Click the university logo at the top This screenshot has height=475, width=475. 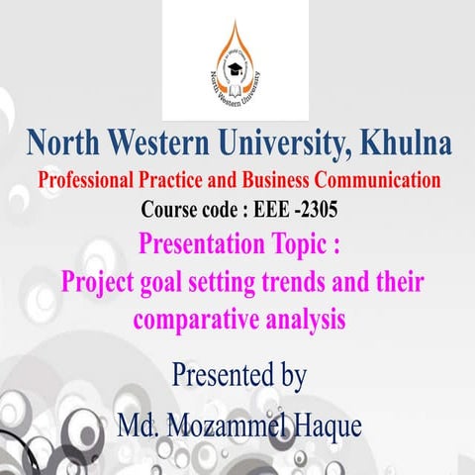pos(237,60)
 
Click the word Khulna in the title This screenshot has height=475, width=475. pos(405,144)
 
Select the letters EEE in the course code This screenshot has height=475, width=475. pos(251,210)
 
